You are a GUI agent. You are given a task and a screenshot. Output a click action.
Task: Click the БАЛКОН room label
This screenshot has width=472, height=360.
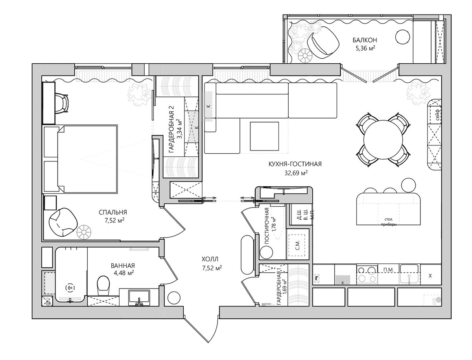(365, 40)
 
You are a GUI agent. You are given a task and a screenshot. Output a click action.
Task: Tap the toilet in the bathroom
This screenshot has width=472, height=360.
(103, 285)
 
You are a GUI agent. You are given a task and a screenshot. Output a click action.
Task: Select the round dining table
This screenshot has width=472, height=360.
(383, 139)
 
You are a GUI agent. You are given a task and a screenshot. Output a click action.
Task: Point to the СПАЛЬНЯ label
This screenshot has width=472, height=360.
(113, 213)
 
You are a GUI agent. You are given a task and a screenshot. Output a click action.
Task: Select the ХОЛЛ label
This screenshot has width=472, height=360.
(210, 259)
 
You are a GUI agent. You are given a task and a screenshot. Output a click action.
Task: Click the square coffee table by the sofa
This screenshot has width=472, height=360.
(264, 136)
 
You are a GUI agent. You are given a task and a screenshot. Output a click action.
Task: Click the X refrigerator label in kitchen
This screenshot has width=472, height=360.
(430, 276)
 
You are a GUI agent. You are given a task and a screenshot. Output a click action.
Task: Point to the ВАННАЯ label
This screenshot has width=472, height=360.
(123, 266)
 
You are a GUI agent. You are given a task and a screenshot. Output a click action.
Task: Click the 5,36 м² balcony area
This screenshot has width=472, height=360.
(365, 48)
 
